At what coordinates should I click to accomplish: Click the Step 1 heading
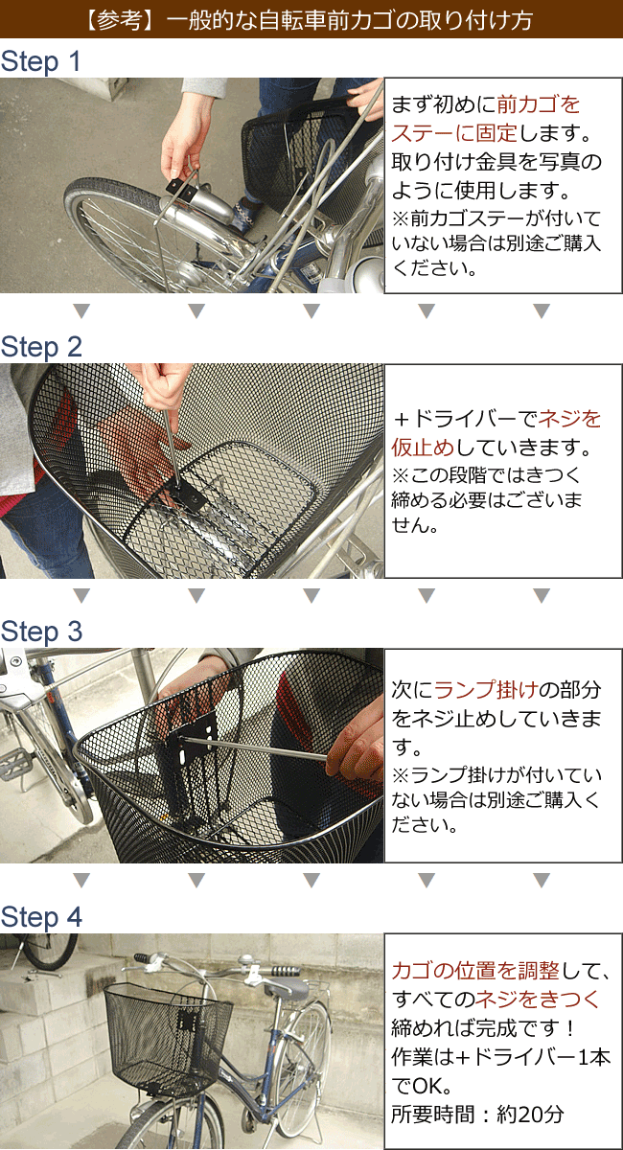tap(41, 62)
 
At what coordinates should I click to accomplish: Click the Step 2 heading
tap(41, 347)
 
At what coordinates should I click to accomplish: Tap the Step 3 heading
tap(41, 632)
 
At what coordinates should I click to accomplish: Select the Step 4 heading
tap(41, 917)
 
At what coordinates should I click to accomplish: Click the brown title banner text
tap(311, 20)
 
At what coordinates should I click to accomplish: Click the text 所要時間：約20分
tap(477, 1114)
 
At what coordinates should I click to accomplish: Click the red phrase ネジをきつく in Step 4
tap(538, 999)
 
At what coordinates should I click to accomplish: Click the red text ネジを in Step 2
tap(569, 419)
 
